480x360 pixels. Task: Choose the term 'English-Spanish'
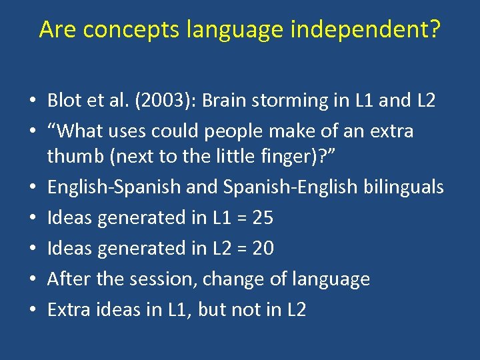point(114,187)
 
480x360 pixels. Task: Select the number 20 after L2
point(263,248)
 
